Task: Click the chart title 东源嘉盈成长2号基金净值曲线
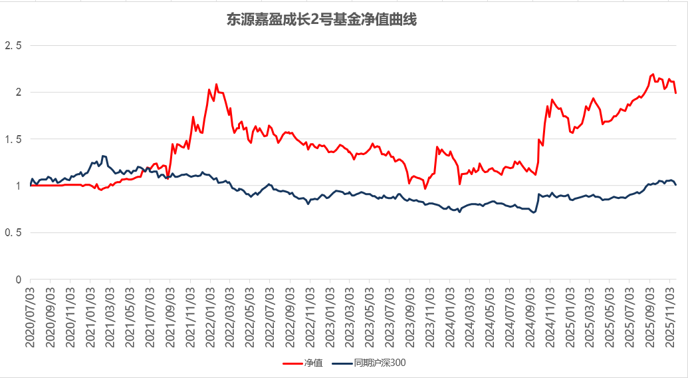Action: tap(322, 20)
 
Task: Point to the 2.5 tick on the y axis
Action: tap(13, 46)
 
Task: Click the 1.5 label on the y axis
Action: tap(13, 139)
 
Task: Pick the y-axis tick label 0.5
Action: tap(13, 233)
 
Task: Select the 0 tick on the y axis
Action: tap(19, 280)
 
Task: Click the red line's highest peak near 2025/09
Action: tap(653, 75)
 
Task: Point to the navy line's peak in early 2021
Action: tap(103, 156)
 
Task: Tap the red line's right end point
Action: tap(675, 93)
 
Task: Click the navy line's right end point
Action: tap(675, 185)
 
